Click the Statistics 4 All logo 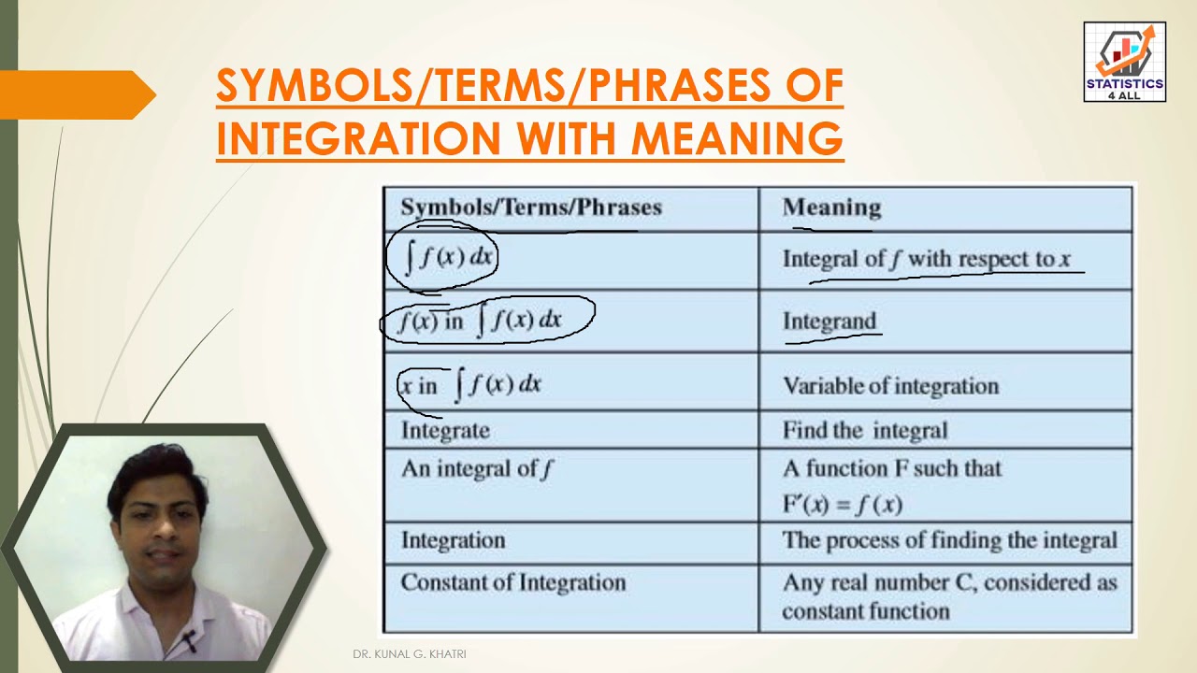coord(1124,62)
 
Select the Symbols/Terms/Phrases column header coord(530,208)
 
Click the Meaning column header coord(831,208)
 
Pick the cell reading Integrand coord(829,322)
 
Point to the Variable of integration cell coord(890,385)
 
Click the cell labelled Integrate coord(445,430)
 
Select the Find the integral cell coord(864,430)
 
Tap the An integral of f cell coord(477,468)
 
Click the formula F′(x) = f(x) coord(842,505)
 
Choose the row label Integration coord(453,540)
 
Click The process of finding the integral coord(949,540)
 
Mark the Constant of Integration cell coord(512,582)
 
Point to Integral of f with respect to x coord(926,259)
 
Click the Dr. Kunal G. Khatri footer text coord(410,654)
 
